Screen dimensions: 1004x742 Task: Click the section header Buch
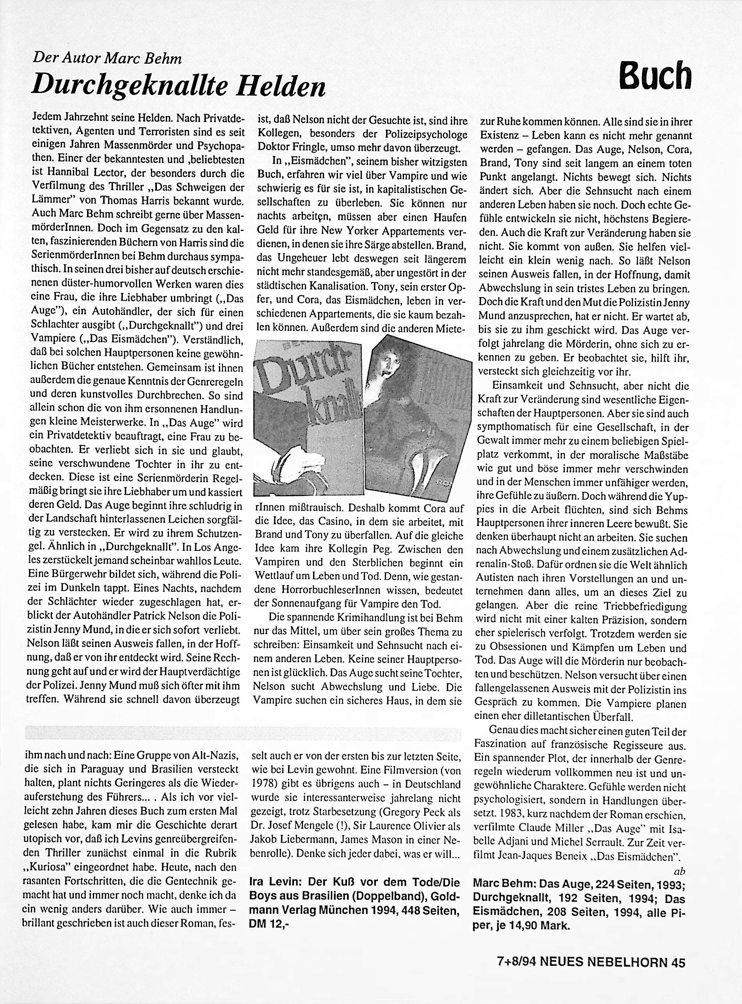655,75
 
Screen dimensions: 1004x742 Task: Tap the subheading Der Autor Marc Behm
107,58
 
